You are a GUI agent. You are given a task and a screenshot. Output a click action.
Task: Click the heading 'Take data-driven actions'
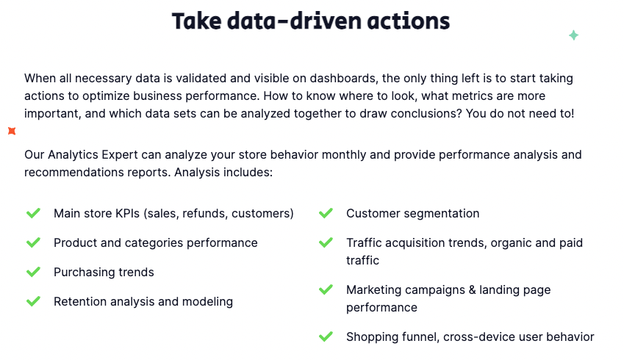coord(311,21)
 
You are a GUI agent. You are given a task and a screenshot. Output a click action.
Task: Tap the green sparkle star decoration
coord(573,35)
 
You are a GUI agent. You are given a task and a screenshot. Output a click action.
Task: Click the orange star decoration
coord(12,131)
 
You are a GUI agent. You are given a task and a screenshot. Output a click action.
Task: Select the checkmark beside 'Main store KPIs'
coord(33,213)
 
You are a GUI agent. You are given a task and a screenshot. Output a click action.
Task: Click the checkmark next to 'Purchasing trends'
coord(33,272)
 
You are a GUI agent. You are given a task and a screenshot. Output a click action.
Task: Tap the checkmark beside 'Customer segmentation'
coord(326,213)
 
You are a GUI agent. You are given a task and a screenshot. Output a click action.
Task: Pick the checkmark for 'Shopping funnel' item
coord(326,337)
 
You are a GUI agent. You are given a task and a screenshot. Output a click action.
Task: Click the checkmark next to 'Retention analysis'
coord(33,301)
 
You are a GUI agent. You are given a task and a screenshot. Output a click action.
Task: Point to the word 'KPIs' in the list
coord(127,214)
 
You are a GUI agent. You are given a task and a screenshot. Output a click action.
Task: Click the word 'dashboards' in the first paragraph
coord(343,79)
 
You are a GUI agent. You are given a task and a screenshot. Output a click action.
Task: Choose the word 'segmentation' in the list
coord(442,214)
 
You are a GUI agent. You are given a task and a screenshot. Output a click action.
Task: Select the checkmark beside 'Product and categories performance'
coord(33,242)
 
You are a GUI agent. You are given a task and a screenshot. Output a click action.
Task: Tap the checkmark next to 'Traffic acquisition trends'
coord(326,242)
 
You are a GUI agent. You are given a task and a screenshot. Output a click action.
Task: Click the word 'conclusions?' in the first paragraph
coord(426,114)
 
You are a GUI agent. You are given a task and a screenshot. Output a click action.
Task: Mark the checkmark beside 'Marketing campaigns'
coord(326,289)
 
